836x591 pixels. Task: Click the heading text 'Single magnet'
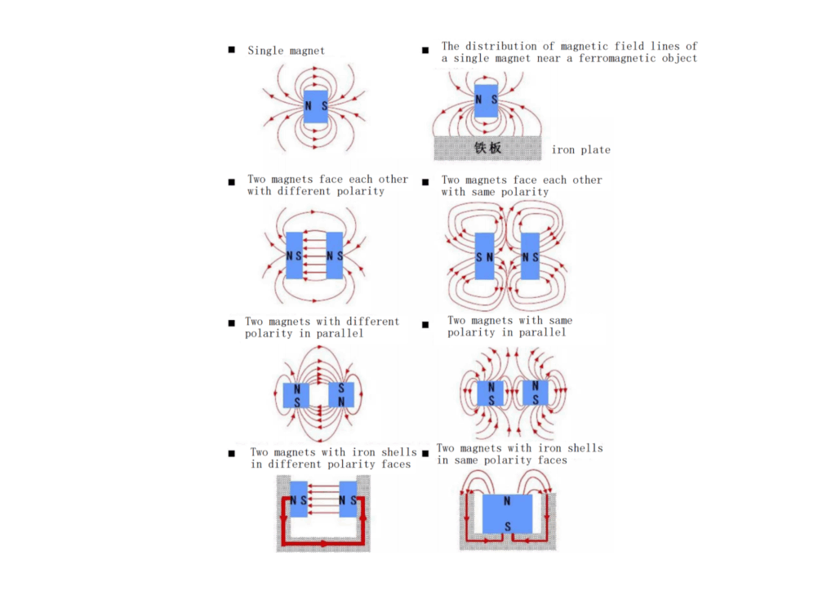286,51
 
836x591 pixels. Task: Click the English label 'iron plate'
580,150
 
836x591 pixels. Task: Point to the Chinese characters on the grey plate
487,148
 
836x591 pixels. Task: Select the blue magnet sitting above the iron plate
486,100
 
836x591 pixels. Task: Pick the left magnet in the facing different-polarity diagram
294,256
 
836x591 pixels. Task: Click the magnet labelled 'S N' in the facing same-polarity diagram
484,256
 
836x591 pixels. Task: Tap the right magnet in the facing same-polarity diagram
531,256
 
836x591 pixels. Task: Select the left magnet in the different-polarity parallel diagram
296,395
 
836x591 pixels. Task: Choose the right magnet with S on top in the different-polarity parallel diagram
341,395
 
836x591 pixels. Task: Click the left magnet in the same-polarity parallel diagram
491,393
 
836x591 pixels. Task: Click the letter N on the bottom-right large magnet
507,500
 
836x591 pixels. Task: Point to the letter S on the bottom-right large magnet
507,528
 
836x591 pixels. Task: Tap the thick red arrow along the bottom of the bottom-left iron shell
325,542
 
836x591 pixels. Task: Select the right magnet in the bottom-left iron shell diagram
349,500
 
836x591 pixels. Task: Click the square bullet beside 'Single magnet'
232,51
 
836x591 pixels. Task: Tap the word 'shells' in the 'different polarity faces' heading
398,452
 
